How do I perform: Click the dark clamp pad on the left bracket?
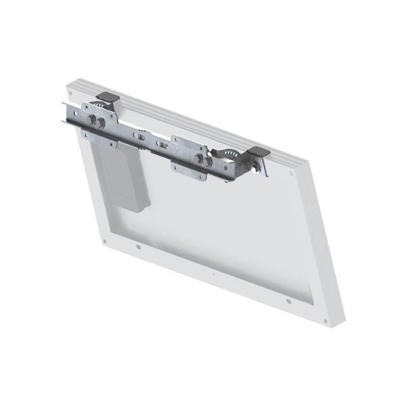[x=108, y=99]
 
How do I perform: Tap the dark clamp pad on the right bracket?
[x=258, y=152]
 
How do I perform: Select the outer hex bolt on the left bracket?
[x=91, y=119]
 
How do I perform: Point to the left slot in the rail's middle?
[x=140, y=136]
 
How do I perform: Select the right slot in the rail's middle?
[x=162, y=144]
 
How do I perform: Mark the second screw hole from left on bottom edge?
[x=139, y=247]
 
